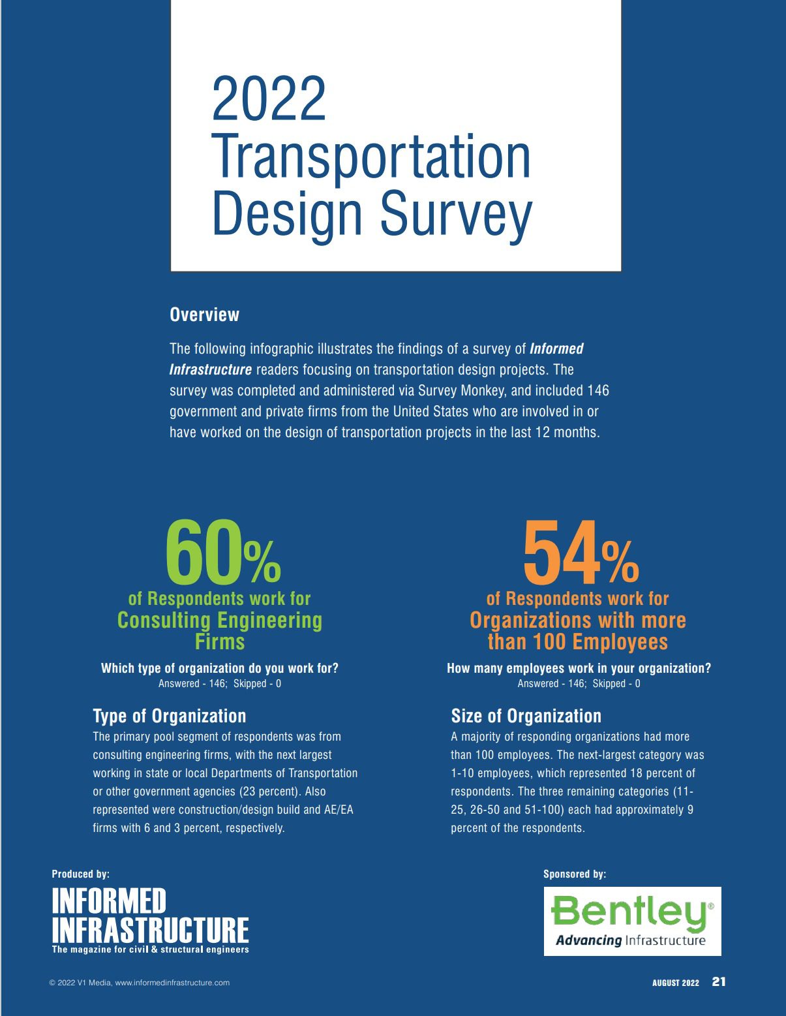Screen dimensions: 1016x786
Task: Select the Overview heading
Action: (x=204, y=315)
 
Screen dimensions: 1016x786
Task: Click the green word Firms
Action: (x=220, y=641)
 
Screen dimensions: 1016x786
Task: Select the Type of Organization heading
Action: (x=170, y=716)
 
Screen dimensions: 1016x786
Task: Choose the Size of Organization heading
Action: (x=526, y=716)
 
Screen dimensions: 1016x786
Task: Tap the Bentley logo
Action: (x=632, y=921)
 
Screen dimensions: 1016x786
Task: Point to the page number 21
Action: (x=718, y=981)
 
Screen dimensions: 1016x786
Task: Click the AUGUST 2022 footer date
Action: (x=675, y=983)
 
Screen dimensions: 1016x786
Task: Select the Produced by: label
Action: (x=80, y=874)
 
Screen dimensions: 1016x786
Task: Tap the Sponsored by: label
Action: (x=575, y=874)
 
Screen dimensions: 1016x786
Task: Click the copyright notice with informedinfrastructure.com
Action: (x=140, y=983)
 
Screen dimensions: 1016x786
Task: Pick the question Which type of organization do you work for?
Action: (x=220, y=668)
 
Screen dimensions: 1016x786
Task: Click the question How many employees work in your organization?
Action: (x=579, y=668)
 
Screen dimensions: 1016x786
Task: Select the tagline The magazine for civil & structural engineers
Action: (x=150, y=949)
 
